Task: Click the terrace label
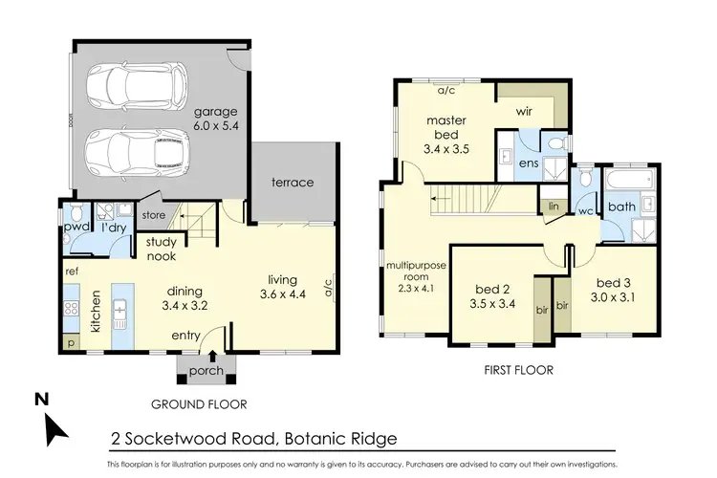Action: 292,182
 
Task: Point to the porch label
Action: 206,370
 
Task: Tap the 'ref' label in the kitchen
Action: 72,272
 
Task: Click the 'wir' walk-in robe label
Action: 523,112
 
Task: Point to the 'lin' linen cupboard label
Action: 553,206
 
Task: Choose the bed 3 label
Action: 614,291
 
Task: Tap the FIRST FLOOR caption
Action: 519,370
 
